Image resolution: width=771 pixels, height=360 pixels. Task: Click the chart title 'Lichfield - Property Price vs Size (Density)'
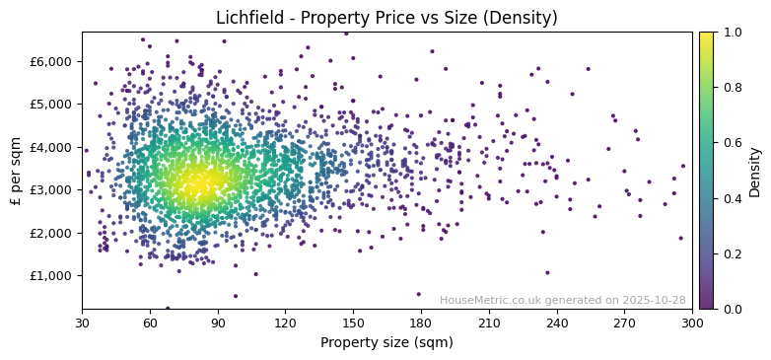(386, 18)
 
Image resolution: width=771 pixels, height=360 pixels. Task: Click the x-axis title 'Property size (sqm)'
(386, 343)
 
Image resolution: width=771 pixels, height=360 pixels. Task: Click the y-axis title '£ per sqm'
(16, 171)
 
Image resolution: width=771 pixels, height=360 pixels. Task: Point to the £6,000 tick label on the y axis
(51, 61)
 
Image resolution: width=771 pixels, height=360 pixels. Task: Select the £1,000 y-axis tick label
(51, 275)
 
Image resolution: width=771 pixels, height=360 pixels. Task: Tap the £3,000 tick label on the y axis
(51, 189)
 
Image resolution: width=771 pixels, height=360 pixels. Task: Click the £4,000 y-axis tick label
(51, 147)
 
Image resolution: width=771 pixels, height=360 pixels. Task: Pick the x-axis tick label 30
(82, 323)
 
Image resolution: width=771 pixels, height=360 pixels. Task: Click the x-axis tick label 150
(353, 323)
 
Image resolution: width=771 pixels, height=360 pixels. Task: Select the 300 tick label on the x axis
(692, 323)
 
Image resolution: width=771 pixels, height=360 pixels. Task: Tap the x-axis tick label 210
(489, 323)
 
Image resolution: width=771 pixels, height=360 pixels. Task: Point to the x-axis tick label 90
(218, 323)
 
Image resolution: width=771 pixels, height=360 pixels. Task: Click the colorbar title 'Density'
(755, 171)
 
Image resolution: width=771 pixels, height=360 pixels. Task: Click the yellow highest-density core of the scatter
(197, 182)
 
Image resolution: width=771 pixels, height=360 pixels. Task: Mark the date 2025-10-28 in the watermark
(654, 300)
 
